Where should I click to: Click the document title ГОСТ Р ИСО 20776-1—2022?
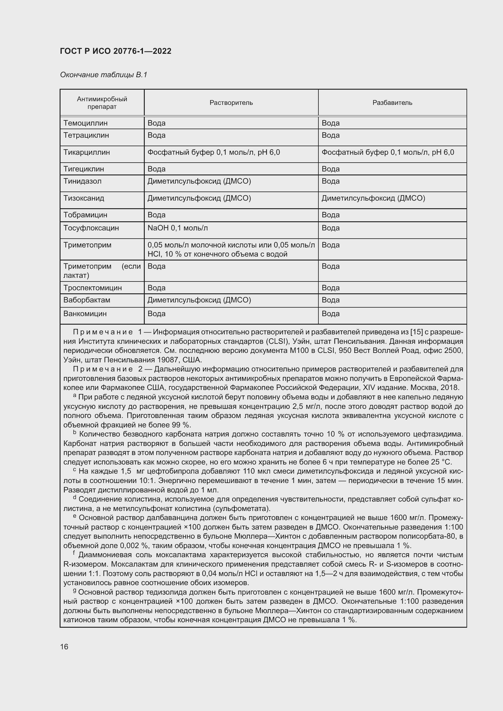pos(116,51)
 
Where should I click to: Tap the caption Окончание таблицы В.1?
pos(103,75)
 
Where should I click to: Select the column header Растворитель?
pos(231,103)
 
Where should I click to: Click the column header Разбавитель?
pos(392,103)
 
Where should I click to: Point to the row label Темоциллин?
pos(85,123)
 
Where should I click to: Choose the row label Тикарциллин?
pos(86,152)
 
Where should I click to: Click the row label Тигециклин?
pos(84,169)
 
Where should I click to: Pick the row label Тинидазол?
pos(82,181)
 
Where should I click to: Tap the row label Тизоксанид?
pos(84,198)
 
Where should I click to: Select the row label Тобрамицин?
pos(85,215)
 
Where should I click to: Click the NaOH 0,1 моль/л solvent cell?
pos(178,228)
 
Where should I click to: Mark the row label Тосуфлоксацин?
pos(91,228)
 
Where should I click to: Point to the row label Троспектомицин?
pos(93,288)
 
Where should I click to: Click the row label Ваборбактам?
pos(87,300)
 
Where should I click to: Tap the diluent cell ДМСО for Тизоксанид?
pos(373,198)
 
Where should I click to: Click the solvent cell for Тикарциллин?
pos(214,152)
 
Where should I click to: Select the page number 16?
pos(64,647)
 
